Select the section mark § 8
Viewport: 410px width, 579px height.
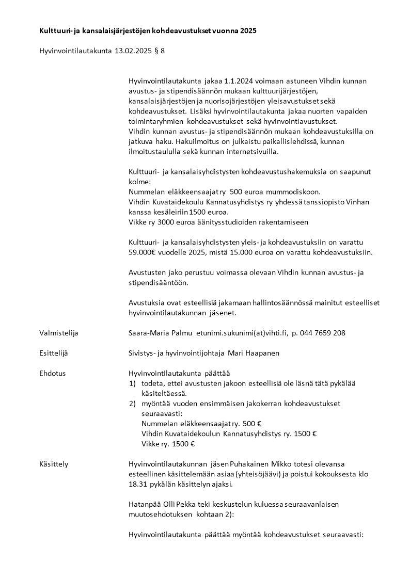[x=160, y=51]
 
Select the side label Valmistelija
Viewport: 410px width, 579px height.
[x=58, y=333]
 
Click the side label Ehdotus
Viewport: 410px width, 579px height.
[x=52, y=373]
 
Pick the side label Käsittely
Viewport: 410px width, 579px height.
[x=54, y=464]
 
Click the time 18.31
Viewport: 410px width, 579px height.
[x=137, y=485]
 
